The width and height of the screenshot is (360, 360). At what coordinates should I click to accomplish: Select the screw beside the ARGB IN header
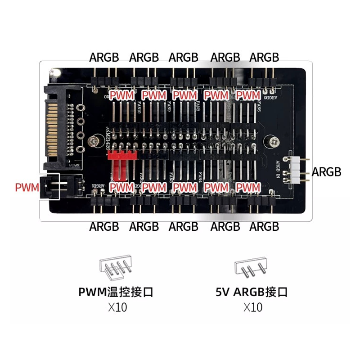(x=274, y=142)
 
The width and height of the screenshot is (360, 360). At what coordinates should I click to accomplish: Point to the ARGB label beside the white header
(x=326, y=172)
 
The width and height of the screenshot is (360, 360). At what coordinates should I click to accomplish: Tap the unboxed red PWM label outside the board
(x=27, y=187)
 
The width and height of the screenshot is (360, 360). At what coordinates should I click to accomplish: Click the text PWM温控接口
(x=116, y=292)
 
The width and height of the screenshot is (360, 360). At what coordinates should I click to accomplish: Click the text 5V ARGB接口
(x=252, y=292)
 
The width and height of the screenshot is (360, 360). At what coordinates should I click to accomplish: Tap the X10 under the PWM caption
(x=117, y=308)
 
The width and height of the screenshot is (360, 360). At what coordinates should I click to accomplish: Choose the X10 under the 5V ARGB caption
(x=252, y=308)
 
